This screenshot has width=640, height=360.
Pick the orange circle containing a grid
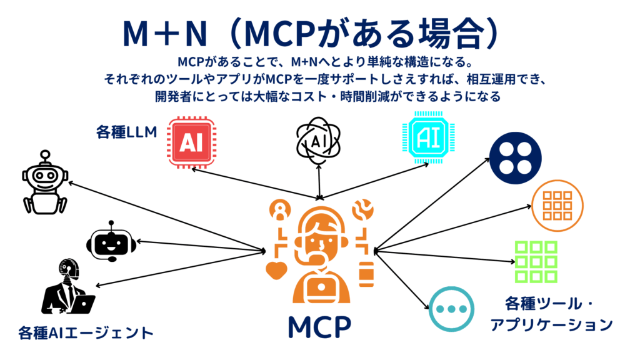pyautogui.click(x=556, y=206)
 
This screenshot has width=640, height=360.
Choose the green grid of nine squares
pyautogui.click(x=536, y=261)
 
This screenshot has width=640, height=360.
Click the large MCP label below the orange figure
pyautogui.click(x=319, y=326)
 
